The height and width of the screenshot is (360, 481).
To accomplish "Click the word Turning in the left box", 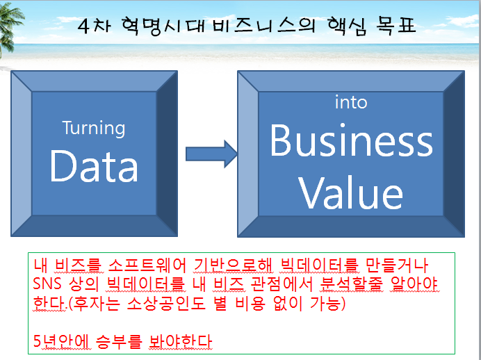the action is (94, 129).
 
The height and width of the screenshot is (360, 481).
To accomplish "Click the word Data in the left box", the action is (94, 167).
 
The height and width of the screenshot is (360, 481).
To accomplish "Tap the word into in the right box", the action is (351, 101).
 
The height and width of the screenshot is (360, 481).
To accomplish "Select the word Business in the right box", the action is (351, 140).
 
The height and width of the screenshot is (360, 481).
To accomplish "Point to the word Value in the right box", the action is (350, 193).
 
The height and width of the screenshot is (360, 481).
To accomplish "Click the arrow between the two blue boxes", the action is (212, 154).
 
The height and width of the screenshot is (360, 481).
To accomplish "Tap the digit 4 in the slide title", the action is (83, 26).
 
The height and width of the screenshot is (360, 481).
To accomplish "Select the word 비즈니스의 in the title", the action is (264, 26).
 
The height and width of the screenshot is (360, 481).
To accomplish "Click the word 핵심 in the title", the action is (347, 26).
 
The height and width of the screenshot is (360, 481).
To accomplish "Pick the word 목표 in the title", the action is (396, 26).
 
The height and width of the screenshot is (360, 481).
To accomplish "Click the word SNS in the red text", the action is (47, 284).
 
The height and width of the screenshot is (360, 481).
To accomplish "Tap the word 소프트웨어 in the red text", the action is (147, 265).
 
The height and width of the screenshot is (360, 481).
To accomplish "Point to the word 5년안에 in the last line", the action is (62, 341).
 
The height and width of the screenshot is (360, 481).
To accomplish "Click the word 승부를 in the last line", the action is (119, 341).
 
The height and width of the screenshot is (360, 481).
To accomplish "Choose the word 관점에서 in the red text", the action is (282, 284).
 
